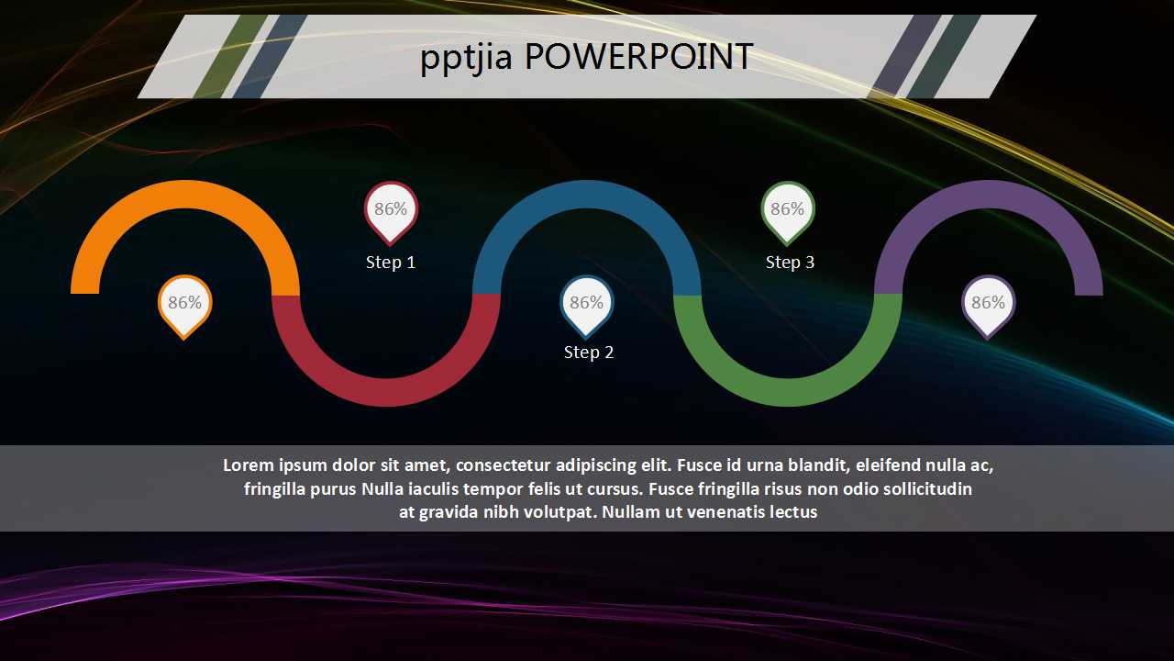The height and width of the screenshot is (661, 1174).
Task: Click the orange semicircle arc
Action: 184,195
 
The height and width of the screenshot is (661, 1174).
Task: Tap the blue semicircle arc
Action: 587,195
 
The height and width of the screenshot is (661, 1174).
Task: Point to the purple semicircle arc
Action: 988,195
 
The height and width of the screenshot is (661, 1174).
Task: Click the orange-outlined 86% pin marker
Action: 184,304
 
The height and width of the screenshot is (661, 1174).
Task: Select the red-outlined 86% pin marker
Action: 391,210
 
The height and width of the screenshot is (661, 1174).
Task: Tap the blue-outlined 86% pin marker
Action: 587,304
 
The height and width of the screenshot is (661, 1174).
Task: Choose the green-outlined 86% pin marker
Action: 787,210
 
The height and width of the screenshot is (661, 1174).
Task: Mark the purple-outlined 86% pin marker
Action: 988,304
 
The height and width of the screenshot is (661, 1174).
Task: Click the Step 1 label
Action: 391,263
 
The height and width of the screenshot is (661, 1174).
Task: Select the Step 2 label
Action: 589,353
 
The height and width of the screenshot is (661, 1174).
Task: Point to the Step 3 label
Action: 790,263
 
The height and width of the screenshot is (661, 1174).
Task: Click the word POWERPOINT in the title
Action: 638,58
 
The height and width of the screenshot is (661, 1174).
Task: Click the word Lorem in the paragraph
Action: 249,465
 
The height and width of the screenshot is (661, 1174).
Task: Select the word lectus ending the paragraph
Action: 792,512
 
